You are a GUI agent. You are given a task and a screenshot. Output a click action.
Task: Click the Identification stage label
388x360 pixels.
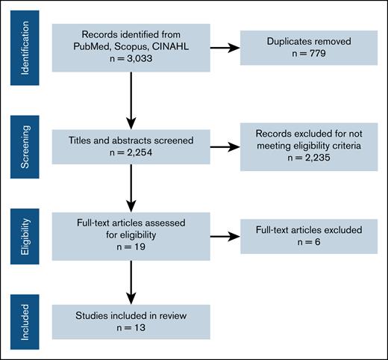25,50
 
